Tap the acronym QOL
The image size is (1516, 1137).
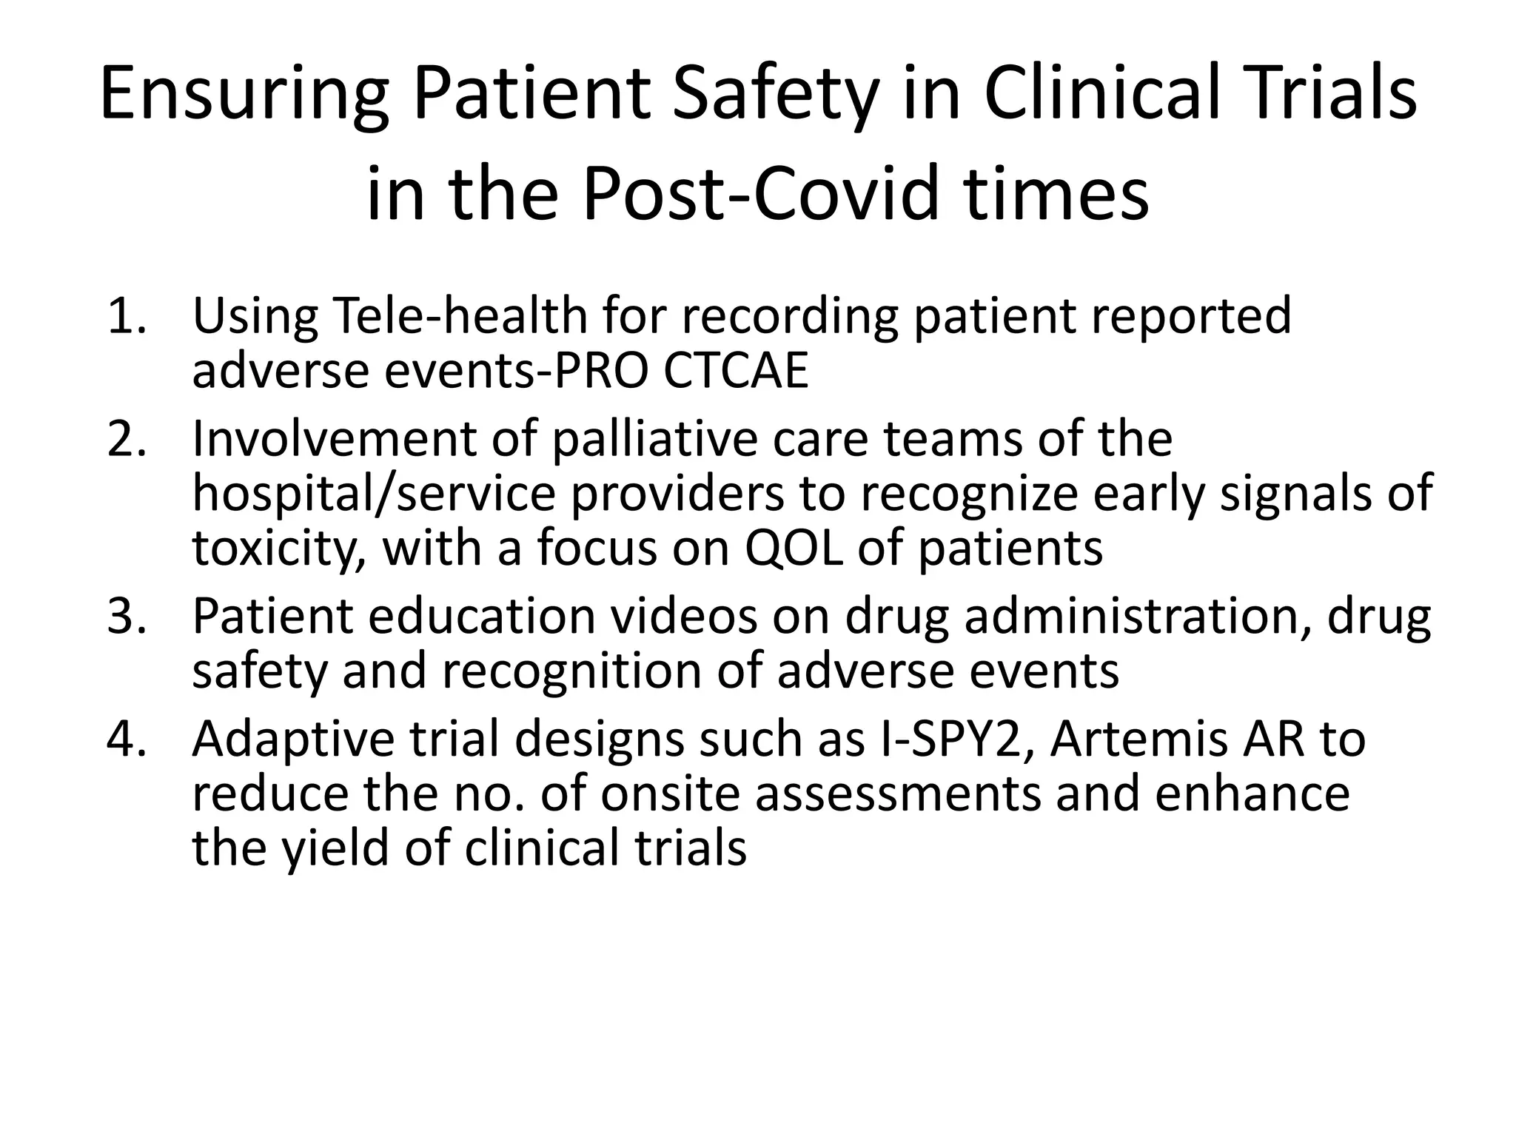point(794,548)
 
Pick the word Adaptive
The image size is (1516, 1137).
point(293,739)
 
